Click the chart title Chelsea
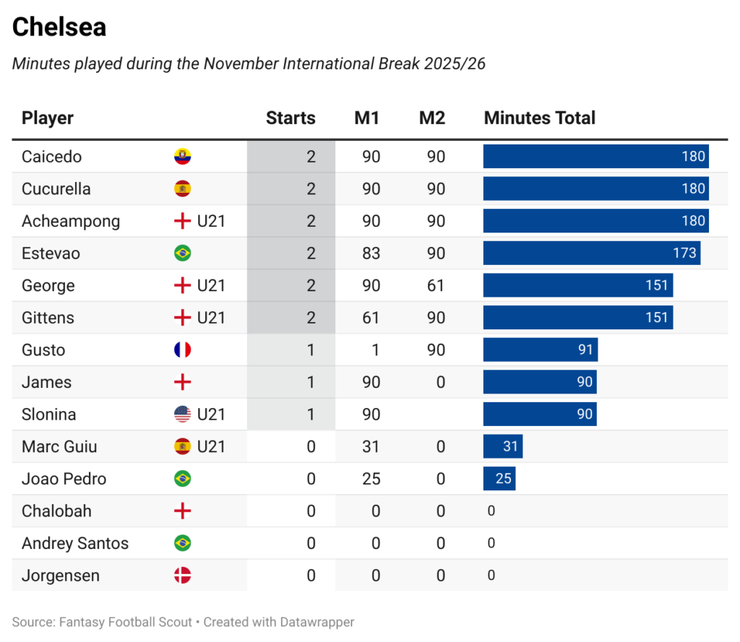(59, 27)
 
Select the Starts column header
(291, 118)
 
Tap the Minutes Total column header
(539, 118)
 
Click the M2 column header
(432, 118)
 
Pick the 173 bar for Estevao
(591, 253)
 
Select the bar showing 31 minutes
(503, 446)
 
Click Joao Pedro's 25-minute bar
(499, 479)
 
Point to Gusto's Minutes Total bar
(540, 350)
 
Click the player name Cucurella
(56, 189)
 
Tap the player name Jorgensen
(61, 576)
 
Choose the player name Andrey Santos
(75, 543)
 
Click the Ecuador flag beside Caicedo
(182, 157)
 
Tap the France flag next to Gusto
(182, 350)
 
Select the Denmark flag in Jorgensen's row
(182, 576)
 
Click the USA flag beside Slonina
(182, 415)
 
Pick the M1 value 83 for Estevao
(371, 253)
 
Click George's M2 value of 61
(436, 286)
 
